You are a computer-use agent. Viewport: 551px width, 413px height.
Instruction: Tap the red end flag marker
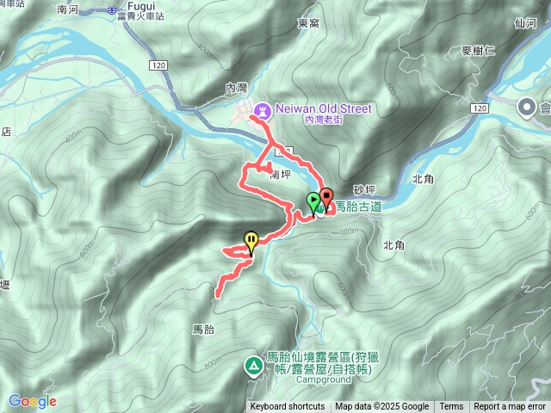pyautogui.click(x=326, y=196)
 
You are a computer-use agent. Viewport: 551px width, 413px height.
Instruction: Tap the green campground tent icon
pyautogui.click(x=254, y=367)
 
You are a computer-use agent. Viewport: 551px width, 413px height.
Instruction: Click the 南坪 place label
pyautogui.click(x=281, y=175)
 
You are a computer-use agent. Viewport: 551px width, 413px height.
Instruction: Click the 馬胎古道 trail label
pyautogui.click(x=357, y=206)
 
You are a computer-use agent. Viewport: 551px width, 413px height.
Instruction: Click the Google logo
pyautogui.click(x=32, y=401)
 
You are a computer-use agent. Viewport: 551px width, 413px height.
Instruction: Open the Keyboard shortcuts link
pyautogui.click(x=288, y=407)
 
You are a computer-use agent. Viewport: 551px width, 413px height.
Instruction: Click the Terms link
pyautogui.click(x=451, y=407)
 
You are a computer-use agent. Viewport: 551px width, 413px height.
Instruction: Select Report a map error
pyautogui.click(x=510, y=407)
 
